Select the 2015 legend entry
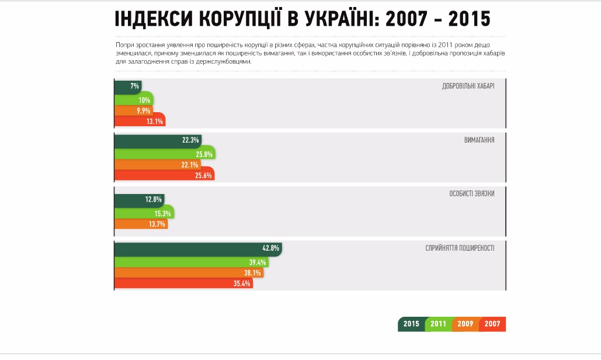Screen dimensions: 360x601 412,324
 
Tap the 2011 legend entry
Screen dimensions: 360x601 439,324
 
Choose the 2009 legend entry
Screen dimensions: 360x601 465,324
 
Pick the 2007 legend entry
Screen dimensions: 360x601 492,324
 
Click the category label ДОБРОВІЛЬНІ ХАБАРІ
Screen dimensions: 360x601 468,86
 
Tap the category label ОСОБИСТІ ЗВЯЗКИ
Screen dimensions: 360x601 468,194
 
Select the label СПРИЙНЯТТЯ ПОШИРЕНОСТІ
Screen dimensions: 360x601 460,248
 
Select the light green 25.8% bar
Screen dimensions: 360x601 164,154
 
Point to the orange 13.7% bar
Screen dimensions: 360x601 140,224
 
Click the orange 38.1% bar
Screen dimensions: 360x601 187,272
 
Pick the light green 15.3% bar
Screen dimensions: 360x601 143,213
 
